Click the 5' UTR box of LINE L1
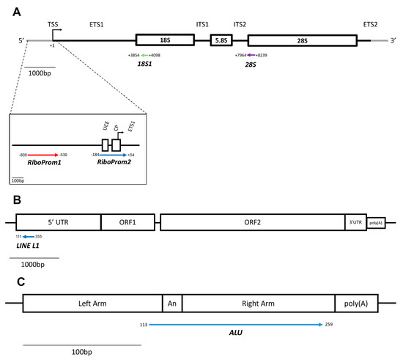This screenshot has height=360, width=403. [x=57, y=222]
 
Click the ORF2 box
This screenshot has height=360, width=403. [x=251, y=222]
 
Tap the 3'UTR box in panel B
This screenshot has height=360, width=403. [x=355, y=222]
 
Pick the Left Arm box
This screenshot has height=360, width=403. [x=92, y=302]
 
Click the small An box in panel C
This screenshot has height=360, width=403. [x=171, y=302]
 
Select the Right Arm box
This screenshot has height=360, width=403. [x=257, y=302]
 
